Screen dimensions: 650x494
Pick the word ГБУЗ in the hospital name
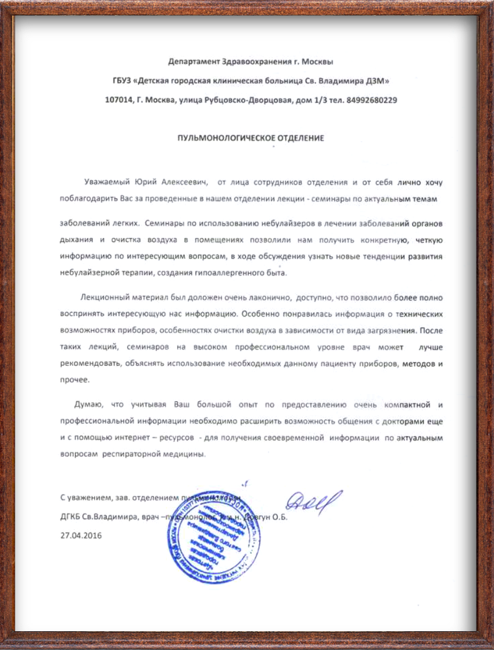[x=122, y=81]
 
